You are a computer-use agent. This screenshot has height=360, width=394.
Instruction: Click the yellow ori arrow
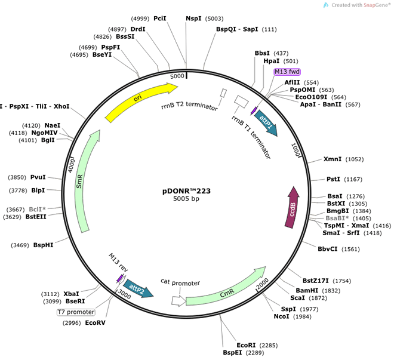tap(141, 101)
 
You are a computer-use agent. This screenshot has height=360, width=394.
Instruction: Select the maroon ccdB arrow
tap(293, 207)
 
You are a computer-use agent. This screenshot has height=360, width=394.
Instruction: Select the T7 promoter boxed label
tap(76, 312)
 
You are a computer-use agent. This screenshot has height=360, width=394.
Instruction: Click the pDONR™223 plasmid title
tap(186, 191)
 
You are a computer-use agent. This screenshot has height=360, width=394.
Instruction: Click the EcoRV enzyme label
tap(96, 322)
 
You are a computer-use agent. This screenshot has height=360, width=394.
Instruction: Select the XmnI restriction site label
tap(333, 159)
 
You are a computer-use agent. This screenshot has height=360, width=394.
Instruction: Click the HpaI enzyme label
tap(272, 61)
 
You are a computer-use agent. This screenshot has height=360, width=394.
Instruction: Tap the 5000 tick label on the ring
tap(178, 77)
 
